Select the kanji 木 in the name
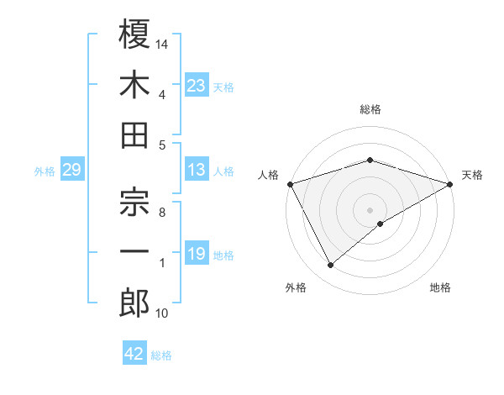pyautogui.click(x=134, y=85)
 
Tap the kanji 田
pyautogui.click(x=134, y=136)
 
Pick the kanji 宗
pyautogui.click(x=134, y=202)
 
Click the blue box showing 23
pyautogui.click(x=196, y=86)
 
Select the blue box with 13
pyautogui.click(x=196, y=171)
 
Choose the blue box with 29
pyautogui.click(x=71, y=171)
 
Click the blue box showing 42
pyautogui.click(x=134, y=354)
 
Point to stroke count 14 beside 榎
pyautogui.click(x=163, y=43)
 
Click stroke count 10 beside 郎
pyautogui.click(x=162, y=313)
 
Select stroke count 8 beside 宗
pyautogui.click(x=162, y=212)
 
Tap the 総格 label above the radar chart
pyautogui.click(x=370, y=109)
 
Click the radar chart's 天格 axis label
pyautogui.click(x=472, y=175)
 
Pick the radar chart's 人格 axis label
pyautogui.click(x=269, y=175)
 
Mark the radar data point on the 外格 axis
pyautogui.click(x=331, y=266)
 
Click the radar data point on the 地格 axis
pyautogui.click(x=381, y=224)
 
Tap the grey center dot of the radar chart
pyautogui.click(x=370, y=208)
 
